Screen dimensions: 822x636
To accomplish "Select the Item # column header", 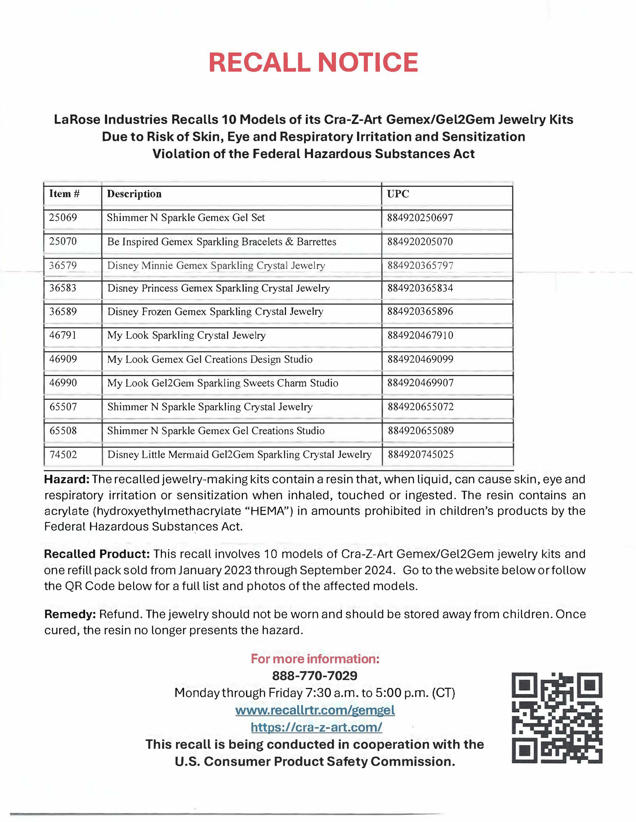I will click(x=64, y=194).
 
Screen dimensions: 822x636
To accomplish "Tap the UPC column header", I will click(x=398, y=194).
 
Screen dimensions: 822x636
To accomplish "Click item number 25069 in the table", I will click(x=63, y=218).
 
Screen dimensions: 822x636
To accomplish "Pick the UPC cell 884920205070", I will click(x=420, y=242).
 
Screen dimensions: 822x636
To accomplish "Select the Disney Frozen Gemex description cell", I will click(x=215, y=312).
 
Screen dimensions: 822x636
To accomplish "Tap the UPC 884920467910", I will click(x=420, y=335).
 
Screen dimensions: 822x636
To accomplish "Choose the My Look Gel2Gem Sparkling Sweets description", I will click(x=223, y=383).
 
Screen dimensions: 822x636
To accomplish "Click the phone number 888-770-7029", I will click(x=315, y=676).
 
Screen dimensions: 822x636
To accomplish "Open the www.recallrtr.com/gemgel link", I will click(x=315, y=710).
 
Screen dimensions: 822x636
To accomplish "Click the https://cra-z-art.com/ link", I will click(x=317, y=727).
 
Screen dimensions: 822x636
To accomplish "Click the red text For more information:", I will click(x=315, y=659).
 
